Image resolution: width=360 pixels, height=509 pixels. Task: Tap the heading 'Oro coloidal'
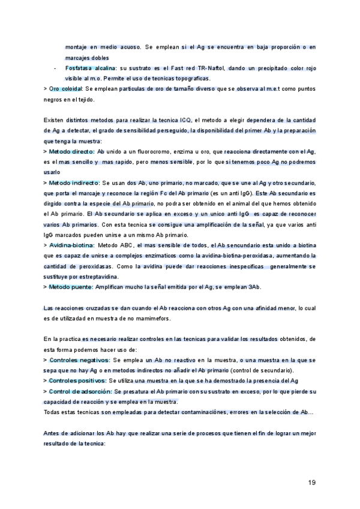pyautogui.click(x=66, y=88)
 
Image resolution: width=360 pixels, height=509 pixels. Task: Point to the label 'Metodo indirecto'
pyautogui.click(x=74, y=182)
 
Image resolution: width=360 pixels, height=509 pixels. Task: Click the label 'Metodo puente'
pyautogui.click(x=71, y=287)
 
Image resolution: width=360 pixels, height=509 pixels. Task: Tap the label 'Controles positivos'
pyautogui.click(x=77, y=381)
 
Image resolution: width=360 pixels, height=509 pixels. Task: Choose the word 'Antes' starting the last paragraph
pyautogui.click(x=53, y=433)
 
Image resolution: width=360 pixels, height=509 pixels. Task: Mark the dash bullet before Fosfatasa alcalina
pyautogui.click(x=55, y=69)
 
